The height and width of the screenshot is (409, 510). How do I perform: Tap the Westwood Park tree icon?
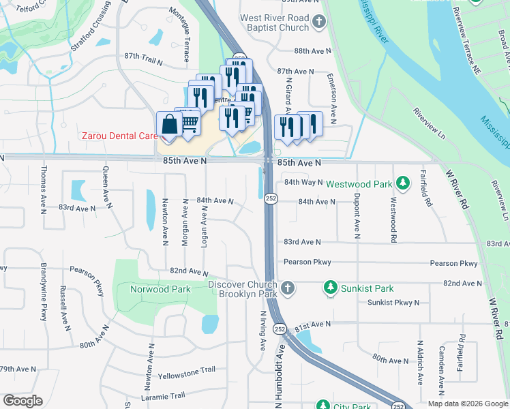404,183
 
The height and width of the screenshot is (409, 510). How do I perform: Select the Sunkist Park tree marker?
331,288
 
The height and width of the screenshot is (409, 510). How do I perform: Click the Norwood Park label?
160,289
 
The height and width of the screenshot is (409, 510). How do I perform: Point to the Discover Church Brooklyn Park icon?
288,288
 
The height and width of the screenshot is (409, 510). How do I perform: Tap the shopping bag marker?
169,125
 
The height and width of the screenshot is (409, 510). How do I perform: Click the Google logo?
22,400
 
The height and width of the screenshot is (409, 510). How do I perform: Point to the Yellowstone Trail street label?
186,373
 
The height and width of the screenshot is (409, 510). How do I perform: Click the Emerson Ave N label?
333,96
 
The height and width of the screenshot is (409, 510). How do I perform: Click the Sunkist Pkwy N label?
393,302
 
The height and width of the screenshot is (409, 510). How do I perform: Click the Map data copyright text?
467,403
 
